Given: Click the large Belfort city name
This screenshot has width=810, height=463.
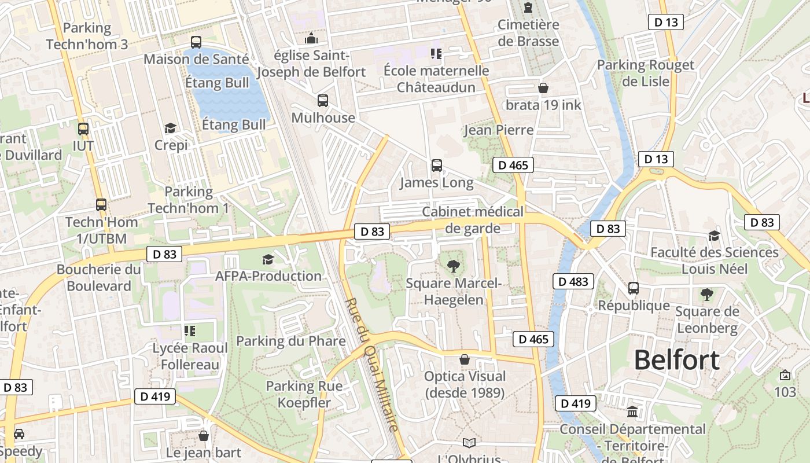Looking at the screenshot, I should tap(676, 360).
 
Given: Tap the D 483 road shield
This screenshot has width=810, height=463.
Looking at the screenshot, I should tap(574, 282).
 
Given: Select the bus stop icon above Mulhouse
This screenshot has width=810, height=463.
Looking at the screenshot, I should tap(323, 100).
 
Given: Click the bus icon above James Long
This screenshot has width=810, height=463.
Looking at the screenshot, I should tap(437, 166).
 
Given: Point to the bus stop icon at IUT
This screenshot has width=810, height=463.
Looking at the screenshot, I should tap(83, 128).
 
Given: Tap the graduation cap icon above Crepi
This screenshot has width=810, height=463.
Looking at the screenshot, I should tap(170, 128).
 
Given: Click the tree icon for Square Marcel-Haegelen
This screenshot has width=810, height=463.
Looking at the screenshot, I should tap(454, 266).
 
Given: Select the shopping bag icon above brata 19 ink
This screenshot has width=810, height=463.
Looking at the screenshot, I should tap(543, 88).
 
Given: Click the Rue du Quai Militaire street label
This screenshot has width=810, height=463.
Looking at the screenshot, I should tap(372, 365).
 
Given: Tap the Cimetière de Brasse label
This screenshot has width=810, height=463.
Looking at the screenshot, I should tap(528, 33).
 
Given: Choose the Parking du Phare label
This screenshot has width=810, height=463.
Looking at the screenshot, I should tap(290, 341).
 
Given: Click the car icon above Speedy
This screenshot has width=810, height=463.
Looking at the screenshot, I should tap(19, 433).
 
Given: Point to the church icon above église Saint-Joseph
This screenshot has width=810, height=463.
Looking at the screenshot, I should tap(311, 38).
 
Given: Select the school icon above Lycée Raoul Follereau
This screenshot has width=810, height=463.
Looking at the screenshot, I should tap(190, 331).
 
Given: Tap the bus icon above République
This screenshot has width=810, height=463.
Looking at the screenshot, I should tap(634, 288).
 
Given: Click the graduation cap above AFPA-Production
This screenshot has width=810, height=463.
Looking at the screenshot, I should tap(268, 259).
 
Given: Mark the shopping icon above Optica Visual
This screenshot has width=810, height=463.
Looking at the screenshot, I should tap(465, 359).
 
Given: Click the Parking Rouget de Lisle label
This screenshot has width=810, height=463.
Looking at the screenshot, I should tap(645, 73).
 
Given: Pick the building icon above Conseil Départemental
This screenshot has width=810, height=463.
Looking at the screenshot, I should tap(632, 411).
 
